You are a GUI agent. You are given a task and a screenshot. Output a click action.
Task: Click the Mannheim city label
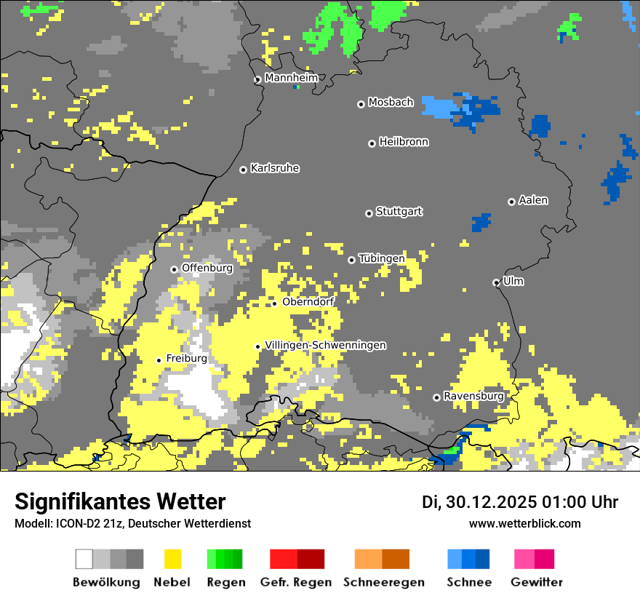pyautogui.click(x=291, y=78)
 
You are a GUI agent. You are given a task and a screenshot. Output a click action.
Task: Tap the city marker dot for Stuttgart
pyautogui.click(x=369, y=213)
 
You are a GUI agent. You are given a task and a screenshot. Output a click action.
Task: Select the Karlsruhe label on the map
pyautogui.click(x=275, y=168)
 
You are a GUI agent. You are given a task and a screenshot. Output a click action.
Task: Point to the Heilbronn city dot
pyautogui.click(x=372, y=143)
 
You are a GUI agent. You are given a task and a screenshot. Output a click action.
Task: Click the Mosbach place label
pyautogui.click(x=391, y=103)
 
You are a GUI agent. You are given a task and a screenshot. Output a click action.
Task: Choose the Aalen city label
pyautogui.click(x=533, y=200)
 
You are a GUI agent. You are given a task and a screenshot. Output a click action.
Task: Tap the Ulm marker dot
pyautogui.click(x=496, y=282)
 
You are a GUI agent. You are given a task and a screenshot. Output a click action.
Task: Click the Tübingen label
pyautogui.click(x=382, y=258)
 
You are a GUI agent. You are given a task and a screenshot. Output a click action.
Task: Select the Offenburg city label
pyautogui.click(x=207, y=268)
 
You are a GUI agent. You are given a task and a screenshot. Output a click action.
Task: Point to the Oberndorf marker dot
pyautogui.click(x=274, y=303)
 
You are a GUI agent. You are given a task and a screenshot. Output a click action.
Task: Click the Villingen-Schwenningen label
pyautogui.click(x=325, y=345)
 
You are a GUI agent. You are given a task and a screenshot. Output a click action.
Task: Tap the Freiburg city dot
pyautogui.click(x=159, y=360)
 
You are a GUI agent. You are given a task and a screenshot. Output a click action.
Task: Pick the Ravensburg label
pyautogui.click(x=473, y=396)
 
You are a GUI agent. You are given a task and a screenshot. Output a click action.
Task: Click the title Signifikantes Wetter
pyautogui.click(x=120, y=501)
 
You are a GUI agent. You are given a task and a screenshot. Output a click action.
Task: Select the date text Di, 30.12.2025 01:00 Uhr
pyautogui.click(x=520, y=502)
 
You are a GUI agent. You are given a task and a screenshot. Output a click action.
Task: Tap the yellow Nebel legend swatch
pyautogui.click(x=173, y=559)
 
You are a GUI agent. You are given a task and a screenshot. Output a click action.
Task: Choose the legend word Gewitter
pyautogui.click(x=537, y=582)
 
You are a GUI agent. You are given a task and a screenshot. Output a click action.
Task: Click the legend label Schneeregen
pyautogui.click(x=384, y=582)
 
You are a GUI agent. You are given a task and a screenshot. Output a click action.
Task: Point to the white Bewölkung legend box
pyautogui.click(x=84, y=559)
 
